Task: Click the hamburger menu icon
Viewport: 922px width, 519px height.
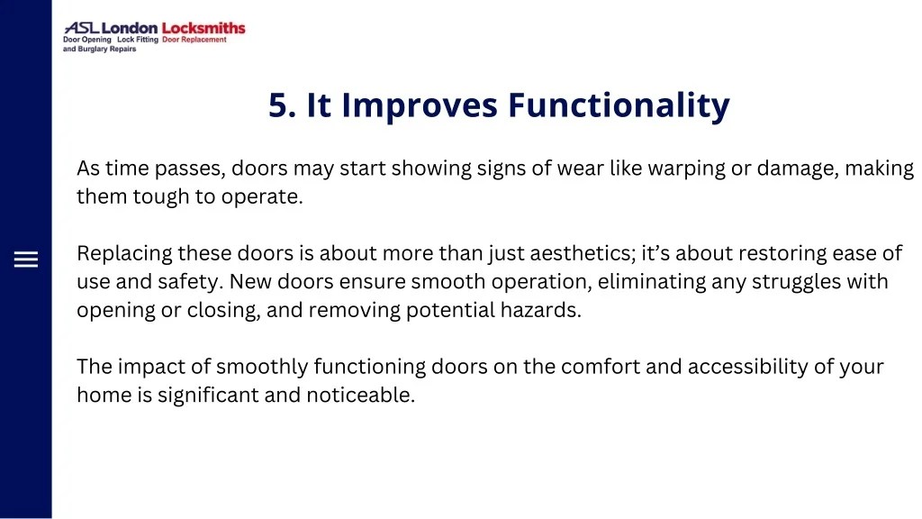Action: tap(26, 260)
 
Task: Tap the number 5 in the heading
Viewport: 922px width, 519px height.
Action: tap(277, 105)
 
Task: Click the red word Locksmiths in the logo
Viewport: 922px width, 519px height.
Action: tap(203, 28)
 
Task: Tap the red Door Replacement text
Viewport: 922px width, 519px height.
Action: tap(194, 40)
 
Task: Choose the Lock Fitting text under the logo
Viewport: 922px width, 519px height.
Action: tap(138, 40)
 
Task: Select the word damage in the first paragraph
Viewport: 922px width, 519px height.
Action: tap(797, 168)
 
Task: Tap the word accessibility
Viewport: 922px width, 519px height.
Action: tap(773, 367)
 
